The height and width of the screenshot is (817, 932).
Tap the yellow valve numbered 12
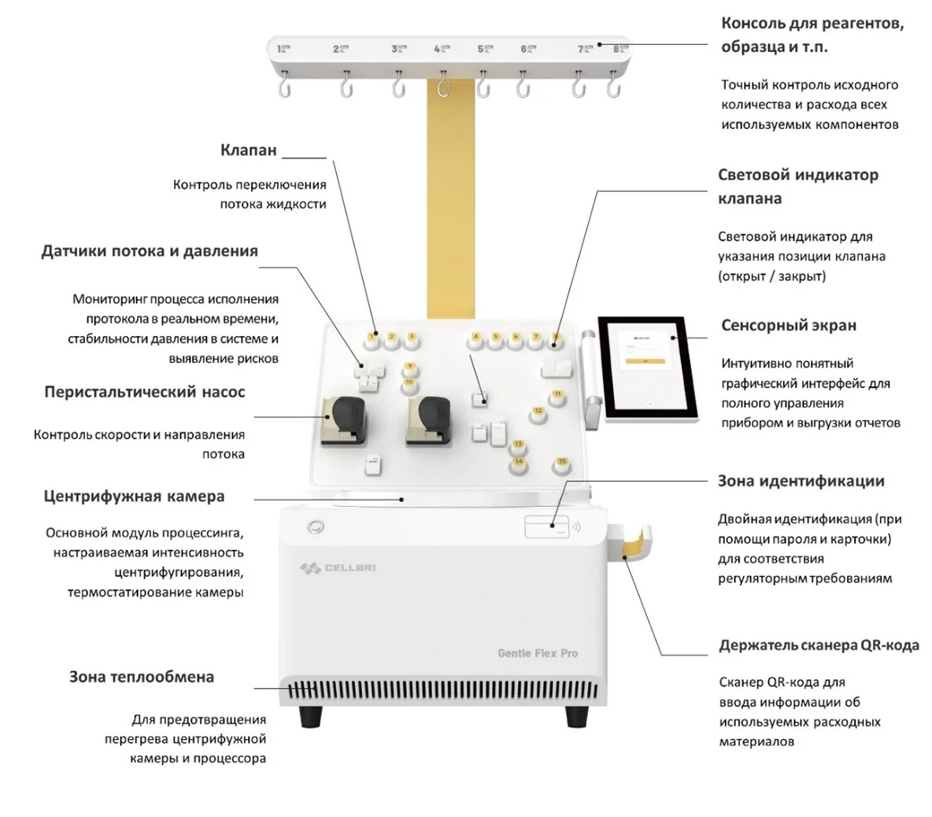[538, 412]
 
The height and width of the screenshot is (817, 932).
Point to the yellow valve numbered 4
[475, 340]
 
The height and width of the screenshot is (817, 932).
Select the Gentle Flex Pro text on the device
[538, 653]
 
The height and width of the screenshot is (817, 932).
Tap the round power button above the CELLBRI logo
[315, 526]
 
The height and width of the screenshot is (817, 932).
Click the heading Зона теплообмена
[142, 677]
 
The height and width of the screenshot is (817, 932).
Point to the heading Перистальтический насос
[145, 392]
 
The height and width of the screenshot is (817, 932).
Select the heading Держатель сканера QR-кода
[819, 645]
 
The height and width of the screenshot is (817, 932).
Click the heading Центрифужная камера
[134, 497]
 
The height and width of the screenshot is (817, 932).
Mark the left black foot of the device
[311, 716]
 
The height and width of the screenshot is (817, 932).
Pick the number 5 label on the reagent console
[482, 50]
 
